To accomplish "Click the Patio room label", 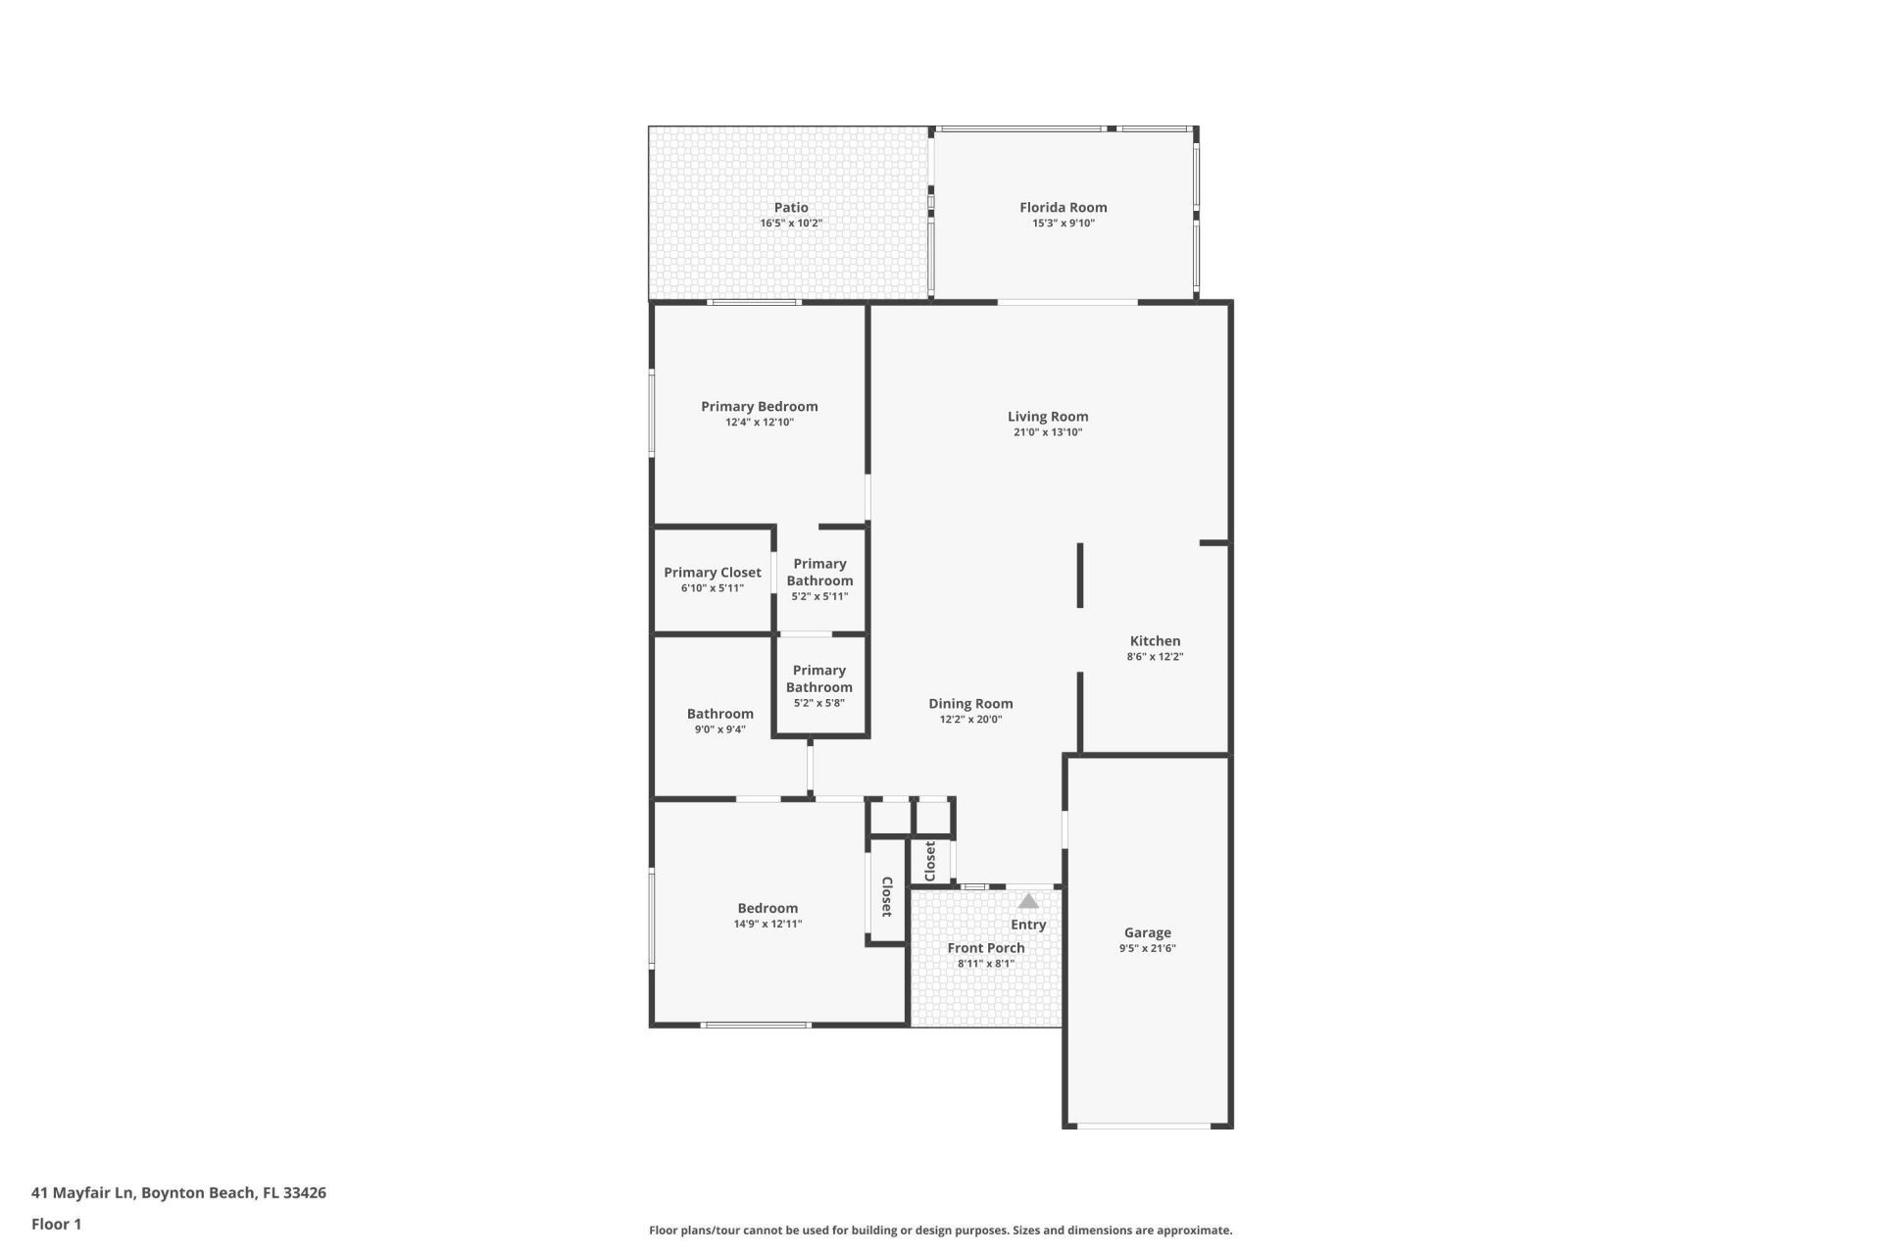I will pyautogui.click(x=791, y=207).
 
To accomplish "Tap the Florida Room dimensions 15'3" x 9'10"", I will pyautogui.click(x=1063, y=224).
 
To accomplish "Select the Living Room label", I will pyautogui.click(x=1048, y=416).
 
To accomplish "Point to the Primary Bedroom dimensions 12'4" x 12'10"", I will pyautogui.click(x=759, y=423).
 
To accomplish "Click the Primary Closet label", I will pyautogui.click(x=712, y=573).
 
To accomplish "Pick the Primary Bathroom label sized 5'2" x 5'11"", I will pyautogui.click(x=819, y=572).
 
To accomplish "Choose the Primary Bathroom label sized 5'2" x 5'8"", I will pyautogui.click(x=818, y=678).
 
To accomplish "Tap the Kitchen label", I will pyautogui.click(x=1155, y=640).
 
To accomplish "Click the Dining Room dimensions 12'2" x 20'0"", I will pyautogui.click(x=970, y=720).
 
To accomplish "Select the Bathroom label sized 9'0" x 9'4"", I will pyautogui.click(x=719, y=714).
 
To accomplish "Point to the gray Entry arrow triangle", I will pyautogui.click(x=1027, y=901).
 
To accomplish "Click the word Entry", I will pyautogui.click(x=1028, y=925).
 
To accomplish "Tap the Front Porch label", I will pyautogui.click(x=985, y=948).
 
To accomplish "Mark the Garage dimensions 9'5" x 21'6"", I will pyautogui.click(x=1147, y=948).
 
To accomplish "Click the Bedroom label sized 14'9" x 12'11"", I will pyautogui.click(x=768, y=908).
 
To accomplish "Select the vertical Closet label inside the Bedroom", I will pyautogui.click(x=886, y=896).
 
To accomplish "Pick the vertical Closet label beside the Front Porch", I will pyautogui.click(x=930, y=861).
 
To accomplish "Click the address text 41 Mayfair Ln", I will pyautogui.click(x=83, y=1193).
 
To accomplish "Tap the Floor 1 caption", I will pyautogui.click(x=56, y=1224).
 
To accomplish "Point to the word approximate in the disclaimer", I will pyautogui.click(x=1195, y=1230).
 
